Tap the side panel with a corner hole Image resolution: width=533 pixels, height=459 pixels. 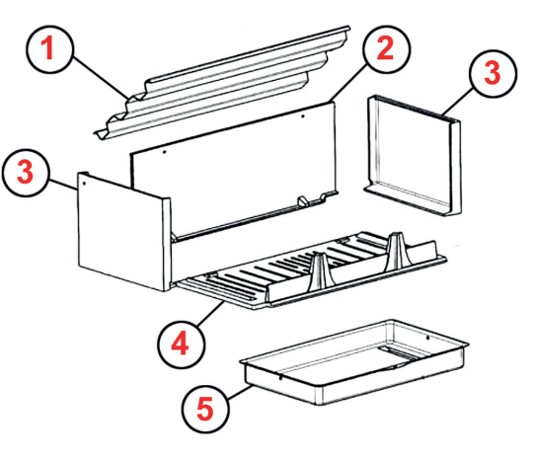(118, 232)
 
